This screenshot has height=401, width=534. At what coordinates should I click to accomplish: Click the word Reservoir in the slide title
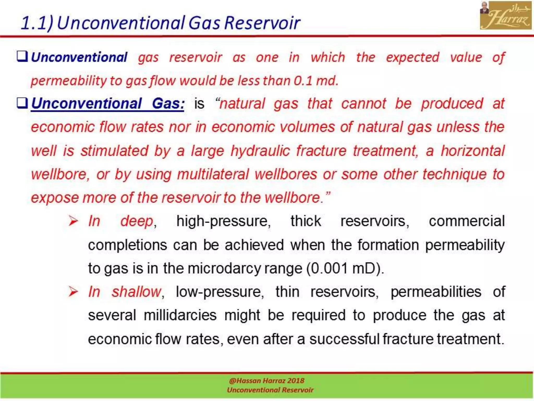(262, 23)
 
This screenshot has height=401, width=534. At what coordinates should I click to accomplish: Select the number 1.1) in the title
(37, 23)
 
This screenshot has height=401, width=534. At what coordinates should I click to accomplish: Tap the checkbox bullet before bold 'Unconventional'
(22, 56)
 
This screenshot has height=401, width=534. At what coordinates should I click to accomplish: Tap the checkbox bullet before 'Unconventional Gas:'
(22, 103)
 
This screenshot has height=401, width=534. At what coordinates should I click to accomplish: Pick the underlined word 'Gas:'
(168, 103)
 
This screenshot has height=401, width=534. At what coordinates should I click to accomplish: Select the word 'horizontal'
(472, 151)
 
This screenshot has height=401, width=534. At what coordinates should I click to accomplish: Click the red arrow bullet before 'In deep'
(73, 221)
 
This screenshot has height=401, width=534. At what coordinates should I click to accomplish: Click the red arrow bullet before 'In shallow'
(73, 292)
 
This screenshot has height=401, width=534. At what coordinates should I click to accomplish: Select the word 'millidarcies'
(180, 315)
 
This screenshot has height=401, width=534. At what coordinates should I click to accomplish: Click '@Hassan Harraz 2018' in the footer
(266, 381)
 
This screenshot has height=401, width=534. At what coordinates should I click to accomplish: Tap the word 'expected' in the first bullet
(412, 57)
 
